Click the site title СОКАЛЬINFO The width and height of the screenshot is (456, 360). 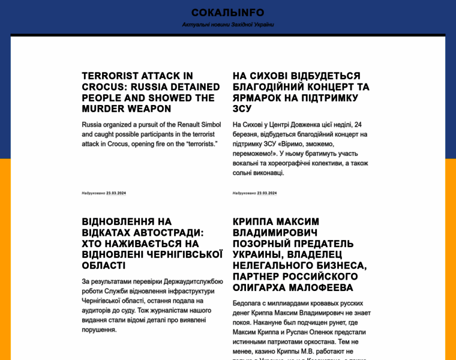pos(227,13)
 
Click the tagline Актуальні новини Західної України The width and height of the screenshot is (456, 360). pos(227,25)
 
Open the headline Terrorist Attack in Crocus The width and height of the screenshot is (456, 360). pos(151,92)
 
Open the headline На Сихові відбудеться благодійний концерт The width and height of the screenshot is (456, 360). pos(301,92)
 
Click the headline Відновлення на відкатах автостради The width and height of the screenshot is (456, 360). pos(152,244)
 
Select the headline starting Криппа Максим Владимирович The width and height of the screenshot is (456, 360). pos(299,254)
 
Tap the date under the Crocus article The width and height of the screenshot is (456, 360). pos(116,193)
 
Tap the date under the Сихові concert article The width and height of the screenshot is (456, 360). pos(267,193)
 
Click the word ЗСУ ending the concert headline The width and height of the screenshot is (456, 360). pos(242,109)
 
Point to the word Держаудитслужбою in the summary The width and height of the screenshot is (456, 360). pos(191,281)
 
